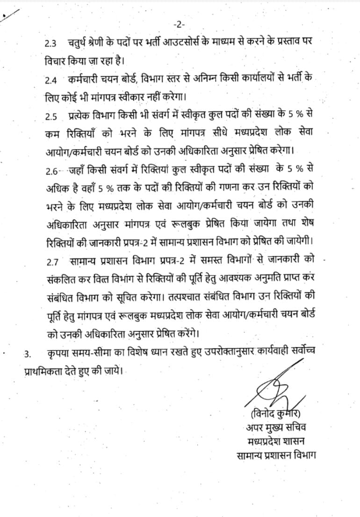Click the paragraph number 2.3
[50, 44]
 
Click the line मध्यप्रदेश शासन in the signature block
[276, 441]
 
